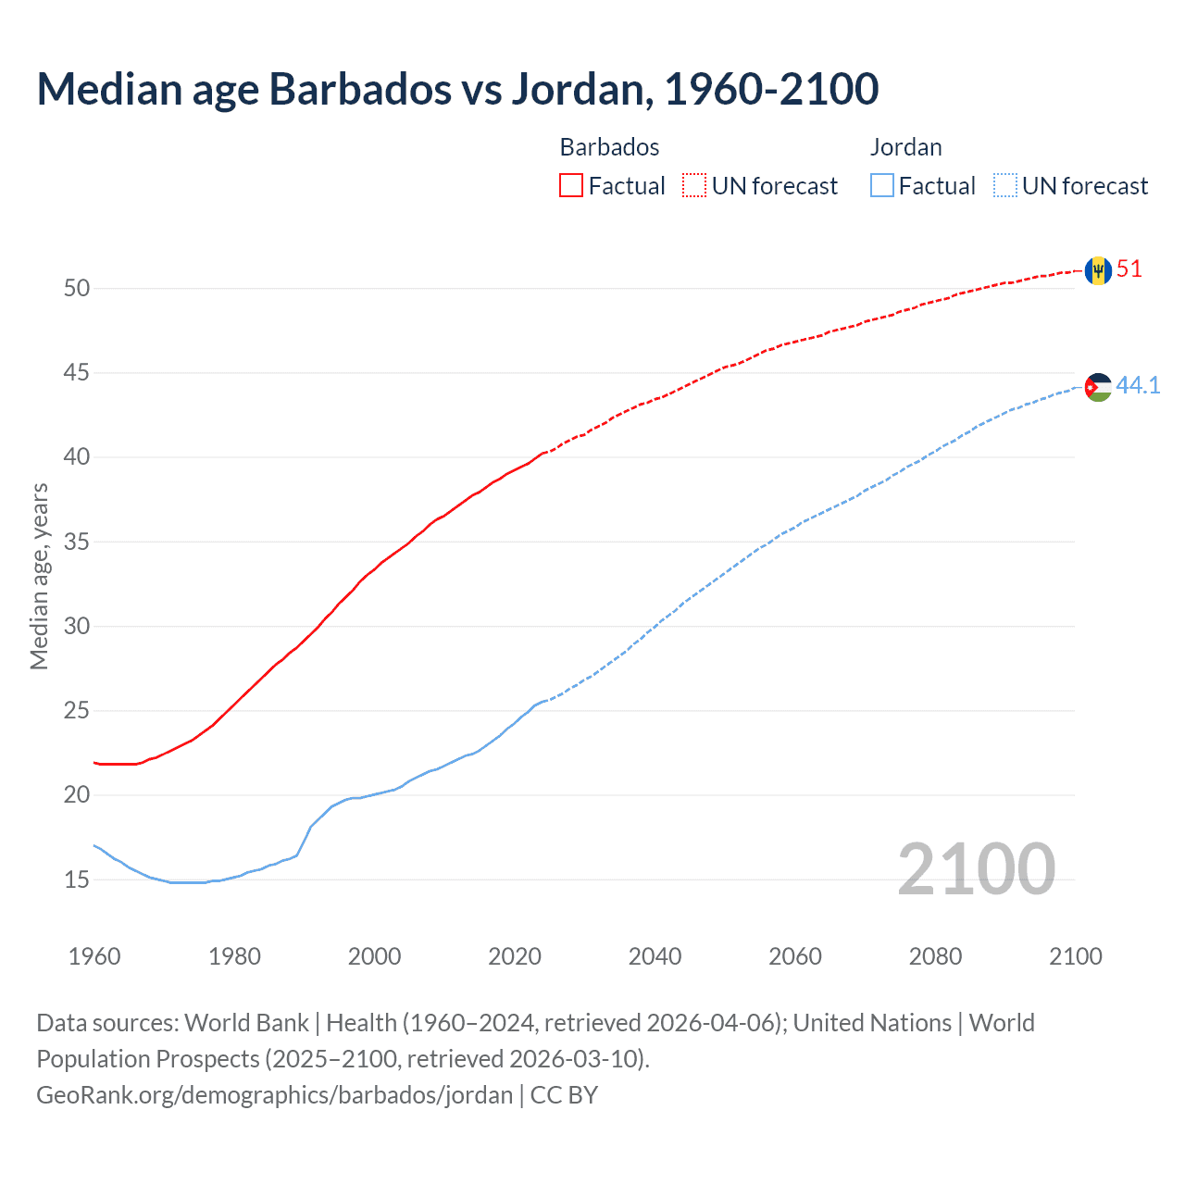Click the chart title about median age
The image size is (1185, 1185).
(x=457, y=89)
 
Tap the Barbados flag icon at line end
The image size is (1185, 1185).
(x=1098, y=270)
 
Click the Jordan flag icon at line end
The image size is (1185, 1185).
(x=1098, y=386)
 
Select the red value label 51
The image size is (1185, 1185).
(x=1129, y=269)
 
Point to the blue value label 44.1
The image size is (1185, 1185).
(x=1138, y=385)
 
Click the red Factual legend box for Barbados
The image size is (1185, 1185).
(x=571, y=186)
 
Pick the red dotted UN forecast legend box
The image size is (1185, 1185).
(x=694, y=186)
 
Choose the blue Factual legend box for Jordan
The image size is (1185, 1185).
(x=882, y=186)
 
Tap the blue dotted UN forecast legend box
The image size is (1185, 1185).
(x=1004, y=186)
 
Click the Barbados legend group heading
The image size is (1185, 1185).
(x=609, y=147)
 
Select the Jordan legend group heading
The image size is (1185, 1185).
(x=905, y=147)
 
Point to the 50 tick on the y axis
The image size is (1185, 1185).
(x=77, y=288)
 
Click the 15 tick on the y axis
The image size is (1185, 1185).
(x=77, y=879)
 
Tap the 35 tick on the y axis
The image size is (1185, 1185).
(x=77, y=542)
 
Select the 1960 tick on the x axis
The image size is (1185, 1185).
(x=94, y=956)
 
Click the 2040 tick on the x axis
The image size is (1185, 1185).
(x=655, y=956)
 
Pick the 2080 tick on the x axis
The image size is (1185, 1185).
(x=935, y=956)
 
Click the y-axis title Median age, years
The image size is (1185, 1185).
(x=39, y=576)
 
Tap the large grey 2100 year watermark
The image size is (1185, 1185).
(x=976, y=868)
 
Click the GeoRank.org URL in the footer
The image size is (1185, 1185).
(x=274, y=1095)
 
